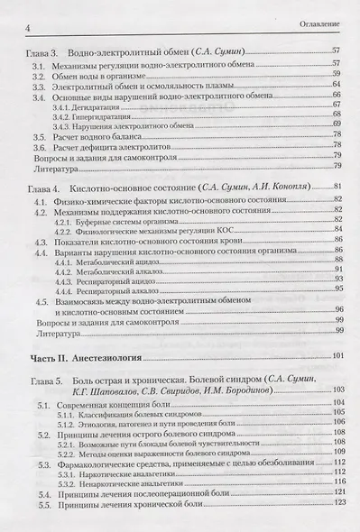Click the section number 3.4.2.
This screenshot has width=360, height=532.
(63, 118)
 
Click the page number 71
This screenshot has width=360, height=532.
(337, 129)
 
